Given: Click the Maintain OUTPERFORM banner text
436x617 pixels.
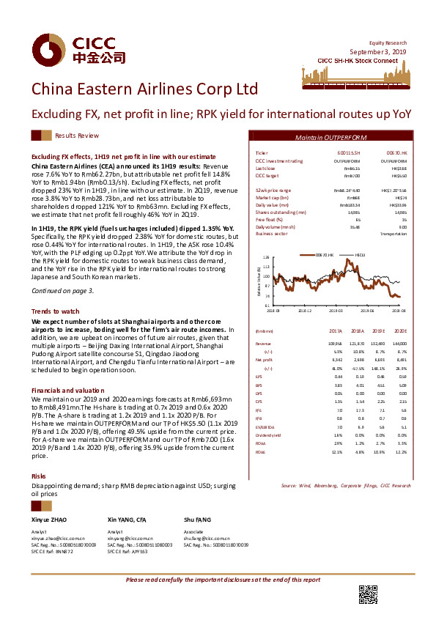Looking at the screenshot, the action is tap(331, 137).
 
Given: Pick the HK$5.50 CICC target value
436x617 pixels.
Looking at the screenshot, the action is tap(399, 176).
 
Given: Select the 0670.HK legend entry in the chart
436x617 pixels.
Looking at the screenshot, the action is tap(324, 254).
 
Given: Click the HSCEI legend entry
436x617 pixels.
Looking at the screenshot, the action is tap(361, 254).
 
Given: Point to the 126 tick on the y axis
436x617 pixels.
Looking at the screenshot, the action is tap(266, 258).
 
